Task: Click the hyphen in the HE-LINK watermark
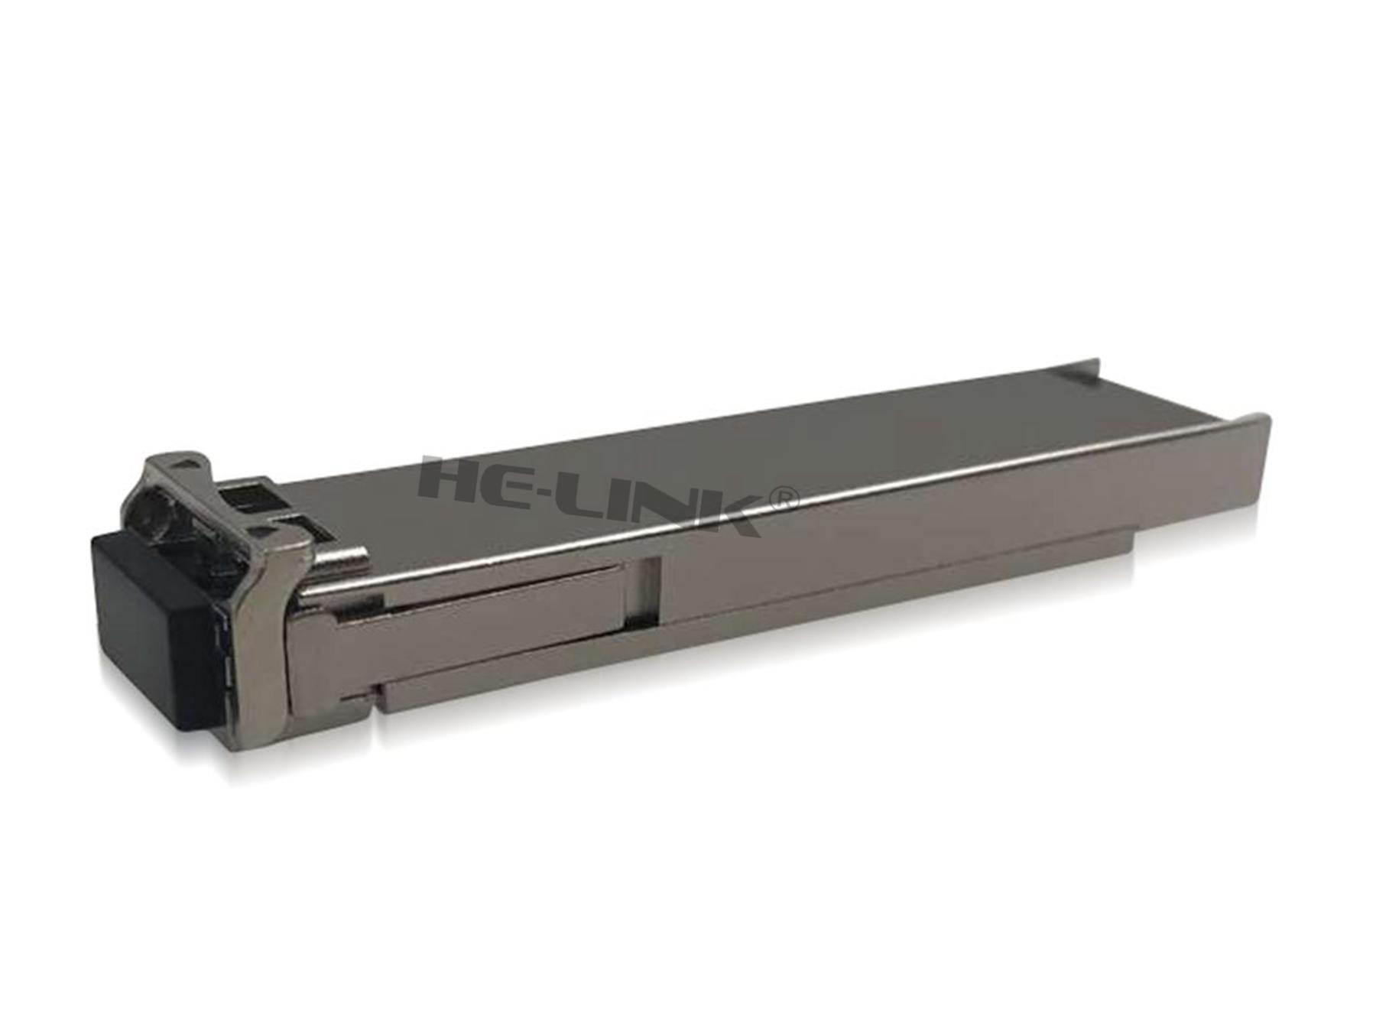[x=570, y=493]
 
